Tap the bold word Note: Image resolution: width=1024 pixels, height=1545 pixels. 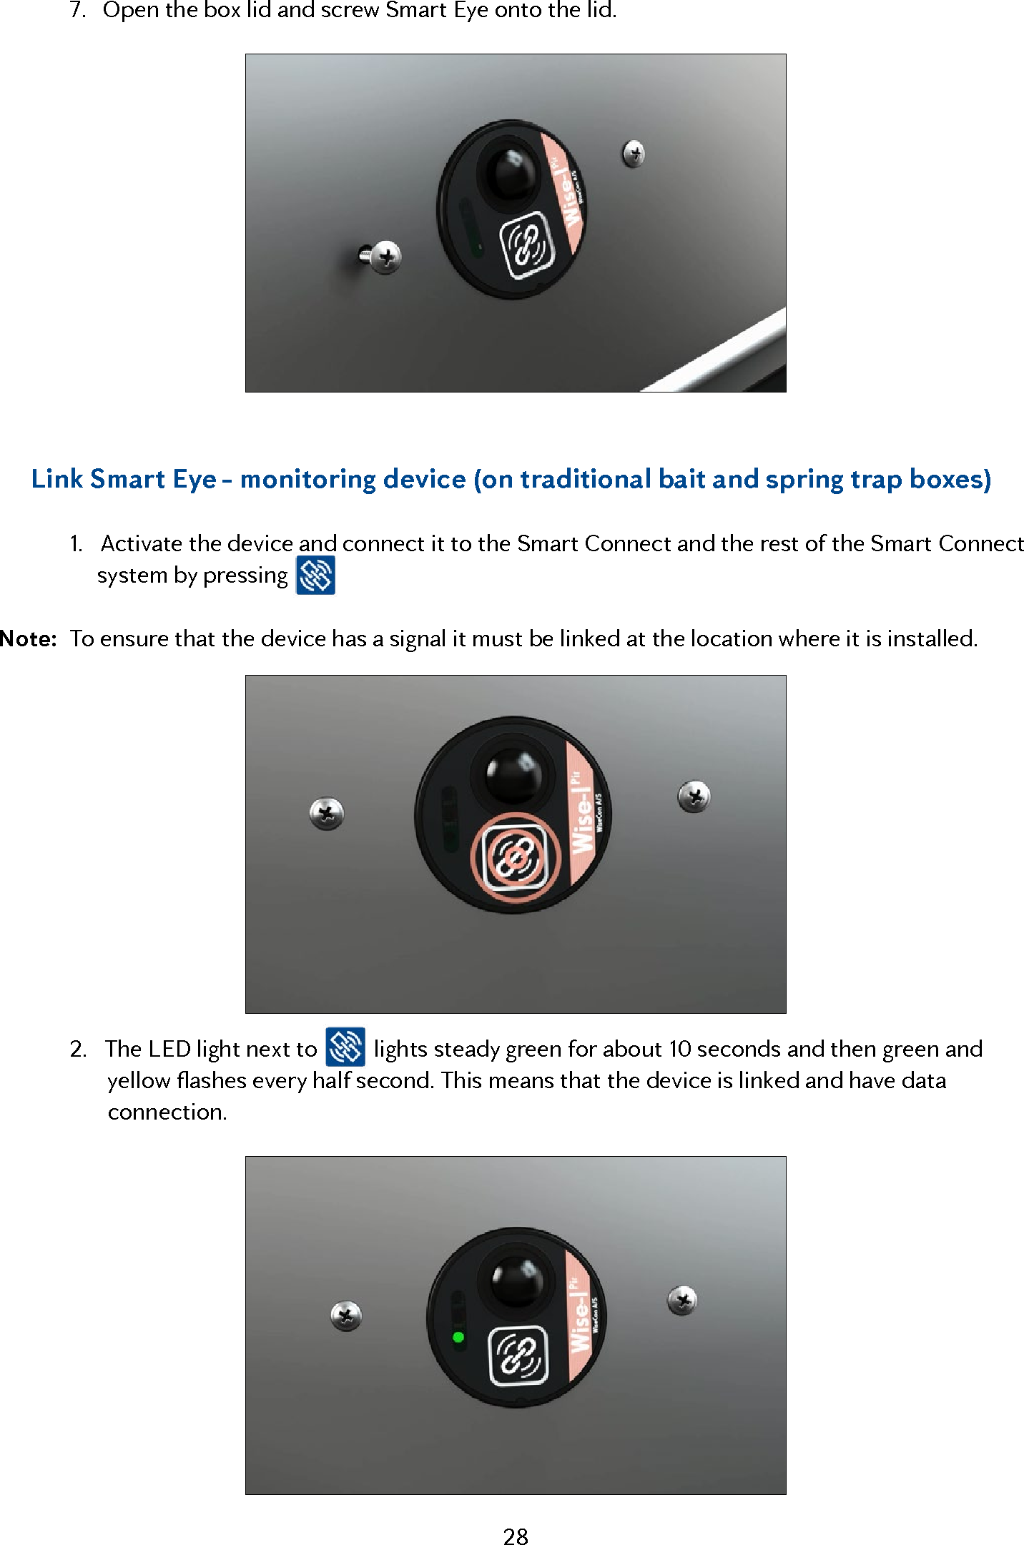tap(29, 638)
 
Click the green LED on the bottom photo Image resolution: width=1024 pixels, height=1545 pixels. tap(458, 1337)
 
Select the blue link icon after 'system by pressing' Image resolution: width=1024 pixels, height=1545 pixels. tap(315, 576)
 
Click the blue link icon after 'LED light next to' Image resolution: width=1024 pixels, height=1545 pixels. tap(345, 1047)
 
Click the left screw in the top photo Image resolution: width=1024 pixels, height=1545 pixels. tap(385, 257)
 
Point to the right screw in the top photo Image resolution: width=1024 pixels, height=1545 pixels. tap(634, 153)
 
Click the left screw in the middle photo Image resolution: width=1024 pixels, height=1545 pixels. tap(327, 814)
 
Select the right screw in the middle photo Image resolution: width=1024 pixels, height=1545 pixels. tap(694, 796)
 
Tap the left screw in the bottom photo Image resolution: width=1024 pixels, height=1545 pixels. tap(346, 1316)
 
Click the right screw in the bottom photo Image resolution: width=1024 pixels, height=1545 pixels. tap(682, 1300)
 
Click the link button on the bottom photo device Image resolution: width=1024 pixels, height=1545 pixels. tap(518, 1356)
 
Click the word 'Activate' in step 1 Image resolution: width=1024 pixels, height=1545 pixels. tap(142, 543)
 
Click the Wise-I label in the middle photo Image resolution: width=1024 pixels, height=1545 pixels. tap(584, 815)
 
